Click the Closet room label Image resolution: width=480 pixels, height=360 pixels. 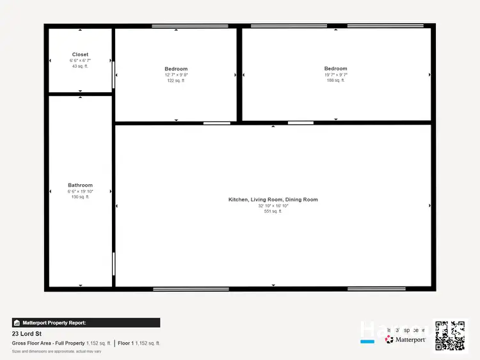[x=80, y=54]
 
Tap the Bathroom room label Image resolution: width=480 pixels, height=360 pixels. [x=80, y=185]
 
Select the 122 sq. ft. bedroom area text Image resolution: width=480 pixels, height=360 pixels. [x=175, y=81]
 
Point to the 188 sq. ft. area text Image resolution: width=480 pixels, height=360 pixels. [x=335, y=81]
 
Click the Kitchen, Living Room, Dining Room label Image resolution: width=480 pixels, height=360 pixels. [x=273, y=200]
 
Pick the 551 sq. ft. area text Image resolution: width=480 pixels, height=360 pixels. [x=273, y=211]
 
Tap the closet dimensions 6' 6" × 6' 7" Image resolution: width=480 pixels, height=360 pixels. [x=80, y=61]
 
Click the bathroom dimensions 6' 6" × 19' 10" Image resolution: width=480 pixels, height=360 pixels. [x=80, y=191]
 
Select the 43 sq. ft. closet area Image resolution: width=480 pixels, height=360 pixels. [x=80, y=67]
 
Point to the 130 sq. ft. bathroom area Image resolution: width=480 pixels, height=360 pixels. [x=80, y=197]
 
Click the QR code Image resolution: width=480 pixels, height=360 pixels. [x=450, y=335]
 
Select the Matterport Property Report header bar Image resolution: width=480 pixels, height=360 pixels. [x=86, y=323]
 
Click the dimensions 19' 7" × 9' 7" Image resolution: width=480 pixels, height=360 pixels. [x=335, y=75]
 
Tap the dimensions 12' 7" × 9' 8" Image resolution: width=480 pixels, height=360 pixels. [x=175, y=75]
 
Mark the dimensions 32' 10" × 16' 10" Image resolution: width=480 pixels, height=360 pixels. [x=273, y=206]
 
